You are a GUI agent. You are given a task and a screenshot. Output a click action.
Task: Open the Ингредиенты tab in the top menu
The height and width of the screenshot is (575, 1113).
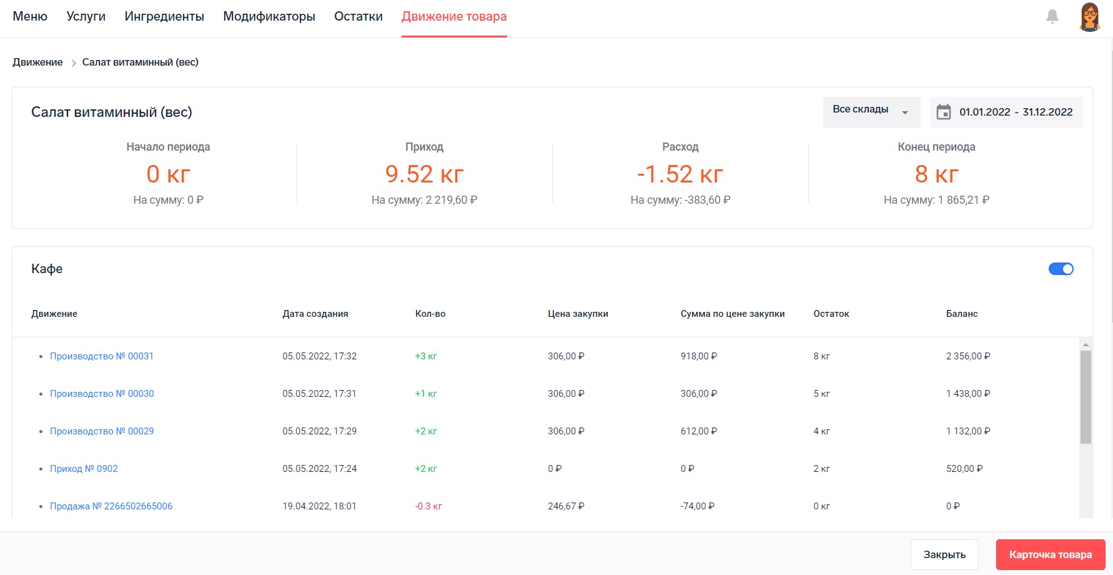pos(164,17)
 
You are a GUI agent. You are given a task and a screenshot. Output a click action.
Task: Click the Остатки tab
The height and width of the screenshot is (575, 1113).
pos(359,17)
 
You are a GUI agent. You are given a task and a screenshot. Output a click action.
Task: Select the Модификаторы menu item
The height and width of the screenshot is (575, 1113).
pos(269,17)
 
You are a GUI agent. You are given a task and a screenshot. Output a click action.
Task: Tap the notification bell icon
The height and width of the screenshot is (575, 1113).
pos(1052,17)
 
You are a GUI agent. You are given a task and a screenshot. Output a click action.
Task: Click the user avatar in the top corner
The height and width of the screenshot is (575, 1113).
pos(1090,17)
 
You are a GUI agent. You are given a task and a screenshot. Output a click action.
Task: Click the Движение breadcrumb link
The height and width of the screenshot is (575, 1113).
pos(37,62)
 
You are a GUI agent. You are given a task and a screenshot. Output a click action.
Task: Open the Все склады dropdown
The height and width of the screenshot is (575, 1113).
pos(871,112)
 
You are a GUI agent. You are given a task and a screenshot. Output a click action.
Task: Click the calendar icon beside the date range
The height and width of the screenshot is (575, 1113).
pos(944,112)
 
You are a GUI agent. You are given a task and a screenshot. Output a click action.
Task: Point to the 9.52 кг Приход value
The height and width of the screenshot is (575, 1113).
pos(424,174)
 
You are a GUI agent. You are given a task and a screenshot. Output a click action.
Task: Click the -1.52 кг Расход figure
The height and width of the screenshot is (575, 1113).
pos(680,174)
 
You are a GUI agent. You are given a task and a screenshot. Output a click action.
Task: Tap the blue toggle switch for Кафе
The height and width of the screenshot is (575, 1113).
pos(1061,269)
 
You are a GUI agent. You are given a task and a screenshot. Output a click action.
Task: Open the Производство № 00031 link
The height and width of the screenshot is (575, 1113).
pos(102,356)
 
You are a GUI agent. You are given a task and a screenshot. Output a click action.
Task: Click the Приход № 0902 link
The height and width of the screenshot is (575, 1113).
pos(84,469)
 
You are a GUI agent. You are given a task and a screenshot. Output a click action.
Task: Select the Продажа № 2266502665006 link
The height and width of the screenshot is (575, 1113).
pos(111,506)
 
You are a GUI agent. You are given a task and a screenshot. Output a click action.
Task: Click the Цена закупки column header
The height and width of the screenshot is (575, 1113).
pos(578,314)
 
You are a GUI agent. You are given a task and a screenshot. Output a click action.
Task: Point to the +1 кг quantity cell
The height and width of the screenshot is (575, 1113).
pos(426,394)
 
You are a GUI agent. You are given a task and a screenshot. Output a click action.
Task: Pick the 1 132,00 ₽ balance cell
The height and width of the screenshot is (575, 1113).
pos(968,431)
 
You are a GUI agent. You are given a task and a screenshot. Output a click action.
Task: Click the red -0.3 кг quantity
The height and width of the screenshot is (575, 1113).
pos(428,506)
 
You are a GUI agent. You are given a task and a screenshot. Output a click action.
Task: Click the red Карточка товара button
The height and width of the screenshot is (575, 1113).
pos(1051,554)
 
